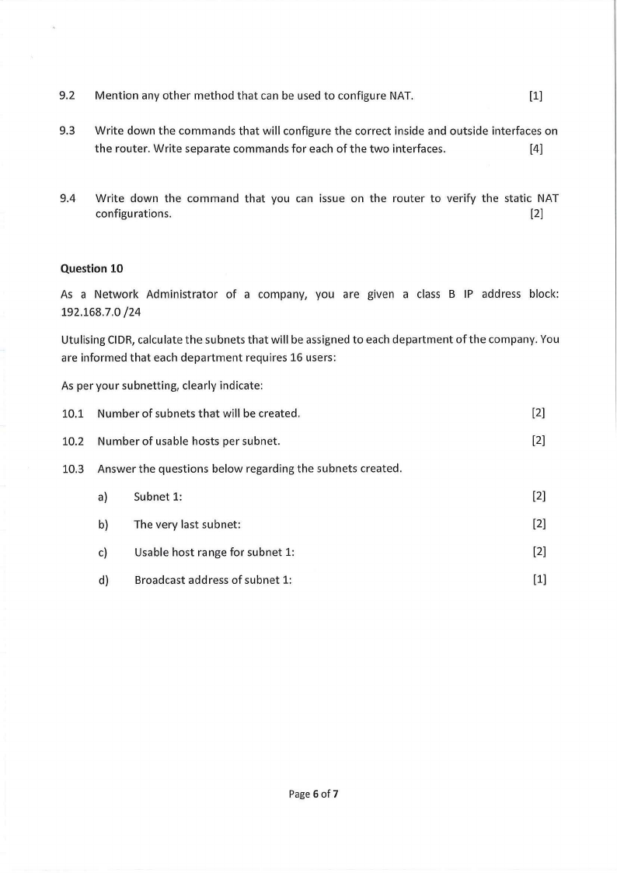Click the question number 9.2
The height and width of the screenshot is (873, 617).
click(67, 96)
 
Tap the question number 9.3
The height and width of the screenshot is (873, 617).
click(67, 131)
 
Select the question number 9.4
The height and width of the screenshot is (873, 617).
click(68, 198)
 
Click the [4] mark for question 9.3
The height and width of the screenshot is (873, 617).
click(535, 148)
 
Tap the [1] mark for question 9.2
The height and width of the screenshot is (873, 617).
click(535, 96)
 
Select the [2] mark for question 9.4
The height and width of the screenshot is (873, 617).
click(535, 215)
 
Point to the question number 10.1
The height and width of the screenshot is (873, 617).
click(72, 413)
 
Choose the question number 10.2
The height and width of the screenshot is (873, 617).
click(72, 442)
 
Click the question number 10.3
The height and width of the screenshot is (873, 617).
click(72, 469)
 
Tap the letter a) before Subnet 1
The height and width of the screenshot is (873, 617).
click(102, 496)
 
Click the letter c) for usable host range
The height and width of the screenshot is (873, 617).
click(102, 553)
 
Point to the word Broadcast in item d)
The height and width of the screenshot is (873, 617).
click(159, 580)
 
